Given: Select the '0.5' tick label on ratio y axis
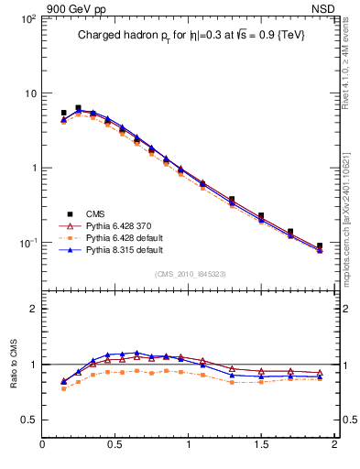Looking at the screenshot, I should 27,420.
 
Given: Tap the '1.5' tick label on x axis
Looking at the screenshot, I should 261,446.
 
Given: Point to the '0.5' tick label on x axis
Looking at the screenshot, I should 115,446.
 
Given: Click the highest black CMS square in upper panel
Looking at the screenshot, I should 78,108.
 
